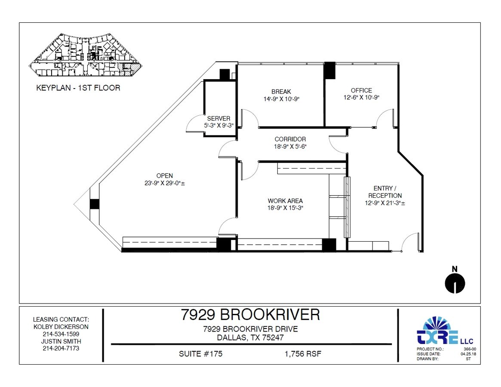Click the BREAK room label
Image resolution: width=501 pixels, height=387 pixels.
(281, 92)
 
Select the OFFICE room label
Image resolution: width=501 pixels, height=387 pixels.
(361, 90)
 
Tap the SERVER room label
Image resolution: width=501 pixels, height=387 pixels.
(218, 118)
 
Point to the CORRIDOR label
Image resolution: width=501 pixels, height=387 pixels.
(290, 139)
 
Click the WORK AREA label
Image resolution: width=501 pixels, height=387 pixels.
(285, 201)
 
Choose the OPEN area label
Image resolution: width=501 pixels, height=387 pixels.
(164, 175)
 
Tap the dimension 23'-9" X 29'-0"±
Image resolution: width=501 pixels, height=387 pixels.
(164, 183)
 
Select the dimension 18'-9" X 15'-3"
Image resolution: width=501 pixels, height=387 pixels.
(285, 208)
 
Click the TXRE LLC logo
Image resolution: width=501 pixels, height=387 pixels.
(440, 332)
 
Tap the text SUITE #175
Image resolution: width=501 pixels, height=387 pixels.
(200, 354)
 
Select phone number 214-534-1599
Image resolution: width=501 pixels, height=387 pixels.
(61, 334)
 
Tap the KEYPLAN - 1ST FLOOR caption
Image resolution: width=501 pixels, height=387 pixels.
(78, 88)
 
